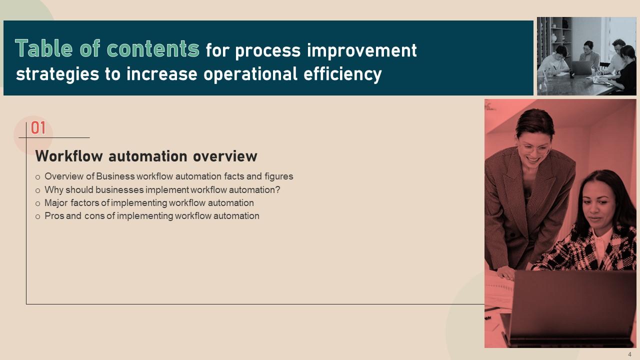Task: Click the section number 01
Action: pyautogui.click(x=38, y=128)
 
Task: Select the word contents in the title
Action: pyautogui.click(x=153, y=49)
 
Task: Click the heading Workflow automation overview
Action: pyautogui.click(x=146, y=156)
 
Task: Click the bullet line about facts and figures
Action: pyautogui.click(x=168, y=176)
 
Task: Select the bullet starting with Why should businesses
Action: pyautogui.click(x=162, y=190)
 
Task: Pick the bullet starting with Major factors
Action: pyautogui.click(x=149, y=203)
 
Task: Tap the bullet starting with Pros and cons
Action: pyautogui.click(x=151, y=216)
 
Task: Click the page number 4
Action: pyautogui.click(x=629, y=354)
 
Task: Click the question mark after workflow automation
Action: pyautogui.click(x=278, y=190)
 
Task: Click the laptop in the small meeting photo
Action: pyautogui.click(x=581, y=67)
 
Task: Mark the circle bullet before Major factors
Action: pyautogui.click(x=38, y=203)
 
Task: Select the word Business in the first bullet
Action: pyautogui.click(x=115, y=176)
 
